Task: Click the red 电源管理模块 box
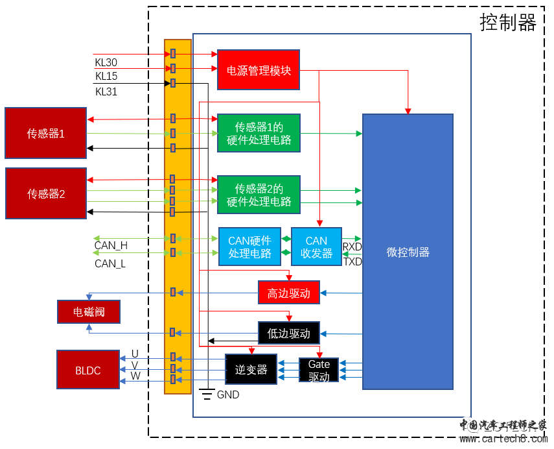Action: (258, 69)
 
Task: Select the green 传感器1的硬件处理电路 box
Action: (259, 133)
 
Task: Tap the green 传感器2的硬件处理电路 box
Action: (259, 195)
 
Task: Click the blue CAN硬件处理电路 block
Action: (249, 247)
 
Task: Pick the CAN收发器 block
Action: (316, 247)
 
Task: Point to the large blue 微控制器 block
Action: (408, 252)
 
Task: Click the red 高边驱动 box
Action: (288, 293)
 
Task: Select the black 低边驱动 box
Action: (288, 334)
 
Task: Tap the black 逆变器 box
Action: (251, 369)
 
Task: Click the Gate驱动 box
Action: (319, 370)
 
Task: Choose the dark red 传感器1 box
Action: (45, 134)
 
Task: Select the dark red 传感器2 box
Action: (45, 193)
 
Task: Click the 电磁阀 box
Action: (89, 312)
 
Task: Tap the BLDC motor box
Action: (88, 370)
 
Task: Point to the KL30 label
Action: (106, 62)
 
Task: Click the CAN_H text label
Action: (111, 246)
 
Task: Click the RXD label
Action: (352, 247)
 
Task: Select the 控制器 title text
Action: (508, 22)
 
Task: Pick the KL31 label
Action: (106, 91)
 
